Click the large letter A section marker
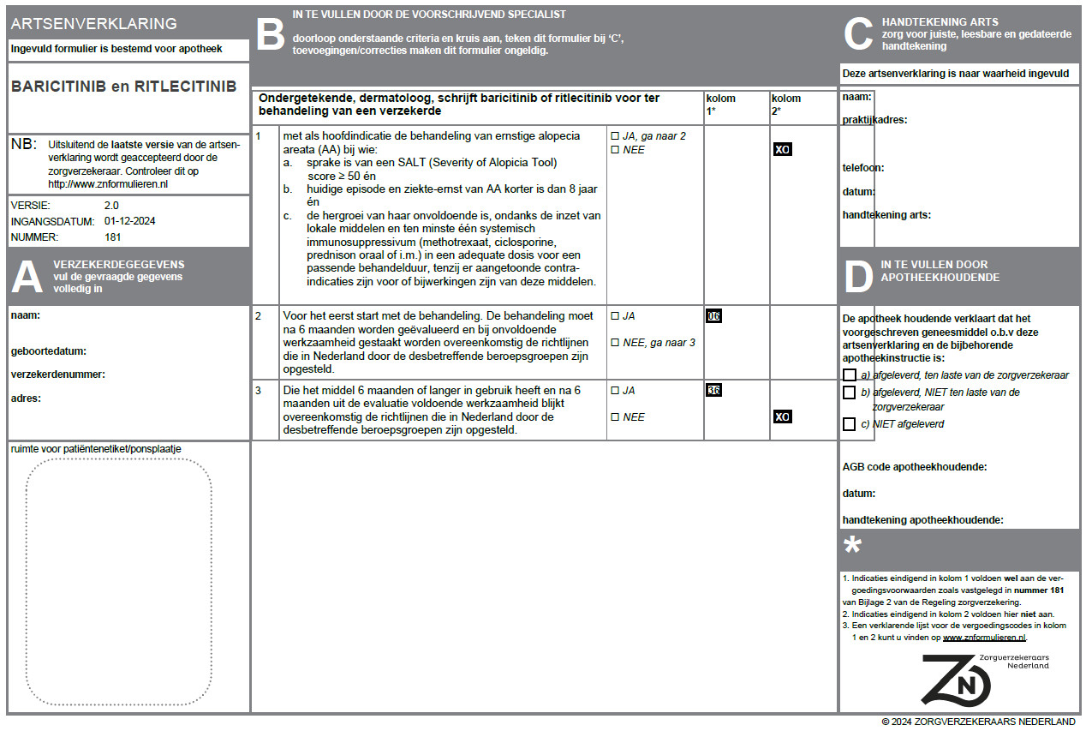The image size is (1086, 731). [27, 277]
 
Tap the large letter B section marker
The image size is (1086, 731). [270, 35]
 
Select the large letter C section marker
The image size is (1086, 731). [857, 34]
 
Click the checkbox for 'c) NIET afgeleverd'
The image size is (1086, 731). [849, 424]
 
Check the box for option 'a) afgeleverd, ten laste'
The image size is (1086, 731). [849, 375]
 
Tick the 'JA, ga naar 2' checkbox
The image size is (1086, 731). [614, 136]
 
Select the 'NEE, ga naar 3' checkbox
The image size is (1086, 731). [614, 343]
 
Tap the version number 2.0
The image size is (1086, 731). [111, 206]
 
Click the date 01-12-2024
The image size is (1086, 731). [129, 221]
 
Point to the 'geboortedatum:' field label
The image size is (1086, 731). [48, 351]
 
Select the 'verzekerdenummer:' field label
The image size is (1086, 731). [57, 374]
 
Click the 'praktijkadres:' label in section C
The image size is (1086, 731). [874, 120]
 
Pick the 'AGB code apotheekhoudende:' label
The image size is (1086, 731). [915, 467]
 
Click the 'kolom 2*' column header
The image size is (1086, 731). [786, 104]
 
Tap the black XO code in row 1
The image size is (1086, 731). [782, 149]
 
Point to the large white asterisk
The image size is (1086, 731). [853, 546]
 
